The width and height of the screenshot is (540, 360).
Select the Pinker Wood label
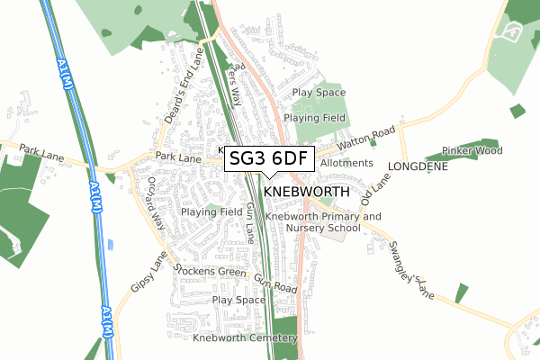coord(472,150)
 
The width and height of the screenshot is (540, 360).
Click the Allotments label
coord(346,163)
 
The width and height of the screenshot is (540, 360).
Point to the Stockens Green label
coord(211,271)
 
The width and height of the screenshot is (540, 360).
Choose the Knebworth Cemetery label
coord(244,338)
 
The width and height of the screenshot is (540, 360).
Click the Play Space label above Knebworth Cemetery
coord(238,300)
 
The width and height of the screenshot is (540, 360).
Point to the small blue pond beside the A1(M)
coord(110,244)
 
